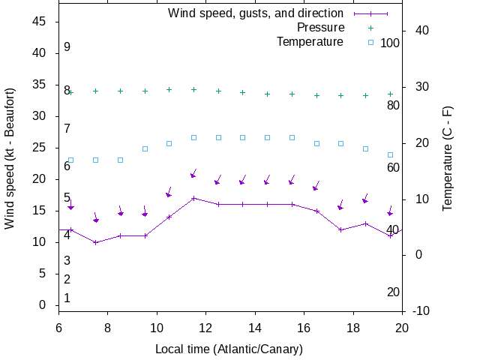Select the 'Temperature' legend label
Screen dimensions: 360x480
point(310,42)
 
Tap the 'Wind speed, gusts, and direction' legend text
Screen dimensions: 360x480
point(256,13)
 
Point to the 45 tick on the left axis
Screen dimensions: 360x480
point(41,22)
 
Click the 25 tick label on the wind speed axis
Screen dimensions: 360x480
point(41,148)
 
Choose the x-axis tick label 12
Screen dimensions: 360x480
point(206,328)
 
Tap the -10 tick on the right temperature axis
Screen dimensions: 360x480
point(421,311)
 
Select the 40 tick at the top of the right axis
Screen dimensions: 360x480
point(421,31)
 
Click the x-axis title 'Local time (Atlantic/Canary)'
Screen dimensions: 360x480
point(229,349)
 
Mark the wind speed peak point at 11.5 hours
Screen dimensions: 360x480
point(193,198)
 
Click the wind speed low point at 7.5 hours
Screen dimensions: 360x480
point(95,242)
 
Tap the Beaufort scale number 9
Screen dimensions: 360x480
point(67,47)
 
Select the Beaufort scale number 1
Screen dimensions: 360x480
point(67,298)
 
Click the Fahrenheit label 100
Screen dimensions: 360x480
point(390,43)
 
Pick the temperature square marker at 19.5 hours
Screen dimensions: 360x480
point(390,154)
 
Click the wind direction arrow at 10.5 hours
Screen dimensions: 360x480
point(169,193)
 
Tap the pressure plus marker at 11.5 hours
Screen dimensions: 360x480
point(193,89)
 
